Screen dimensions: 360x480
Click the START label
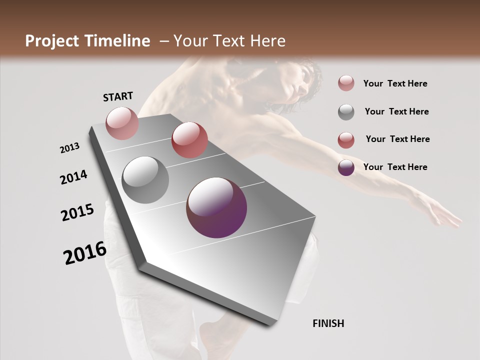(118, 96)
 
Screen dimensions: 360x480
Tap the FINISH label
(328, 323)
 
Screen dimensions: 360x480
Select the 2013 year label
(70, 147)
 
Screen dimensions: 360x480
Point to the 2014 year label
(73, 177)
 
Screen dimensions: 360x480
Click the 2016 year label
(85, 253)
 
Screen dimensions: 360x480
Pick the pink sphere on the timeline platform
(122, 123)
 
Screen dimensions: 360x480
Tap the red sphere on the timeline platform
(189, 140)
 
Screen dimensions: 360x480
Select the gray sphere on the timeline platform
(145, 179)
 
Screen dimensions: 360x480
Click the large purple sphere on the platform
(216, 207)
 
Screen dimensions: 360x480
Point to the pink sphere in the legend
(346, 83)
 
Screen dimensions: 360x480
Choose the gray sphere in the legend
(346, 112)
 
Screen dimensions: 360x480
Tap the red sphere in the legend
(346, 140)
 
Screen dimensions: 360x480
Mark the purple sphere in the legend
(346, 167)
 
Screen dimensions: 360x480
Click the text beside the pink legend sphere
(395, 83)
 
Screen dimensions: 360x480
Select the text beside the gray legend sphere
(396, 111)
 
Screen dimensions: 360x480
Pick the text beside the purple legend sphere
(395, 167)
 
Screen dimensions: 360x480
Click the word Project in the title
(51, 41)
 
